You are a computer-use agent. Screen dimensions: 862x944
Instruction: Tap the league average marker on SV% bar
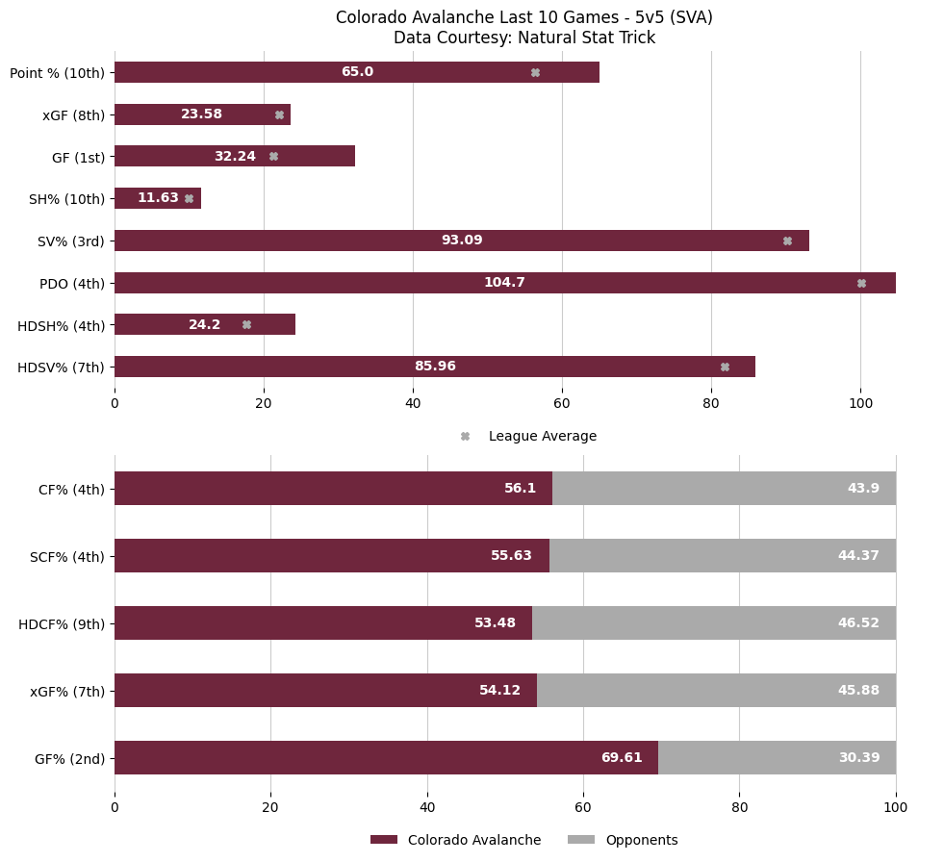tap(787, 241)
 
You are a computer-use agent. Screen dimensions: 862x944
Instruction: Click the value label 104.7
tap(504, 283)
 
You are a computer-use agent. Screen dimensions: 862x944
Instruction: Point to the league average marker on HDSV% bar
tap(725, 367)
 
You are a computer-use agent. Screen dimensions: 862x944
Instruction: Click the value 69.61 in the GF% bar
tap(621, 758)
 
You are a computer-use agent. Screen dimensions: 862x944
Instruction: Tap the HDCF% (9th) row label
tap(62, 624)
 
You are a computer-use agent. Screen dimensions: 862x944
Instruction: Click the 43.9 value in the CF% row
tap(863, 489)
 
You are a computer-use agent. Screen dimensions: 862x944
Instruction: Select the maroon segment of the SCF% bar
tap(331, 556)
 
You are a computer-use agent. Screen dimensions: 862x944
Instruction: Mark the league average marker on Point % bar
tap(535, 73)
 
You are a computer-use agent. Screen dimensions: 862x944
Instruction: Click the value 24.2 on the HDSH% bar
tap(204, 325)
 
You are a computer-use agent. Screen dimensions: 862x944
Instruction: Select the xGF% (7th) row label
tap(67, 691)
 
